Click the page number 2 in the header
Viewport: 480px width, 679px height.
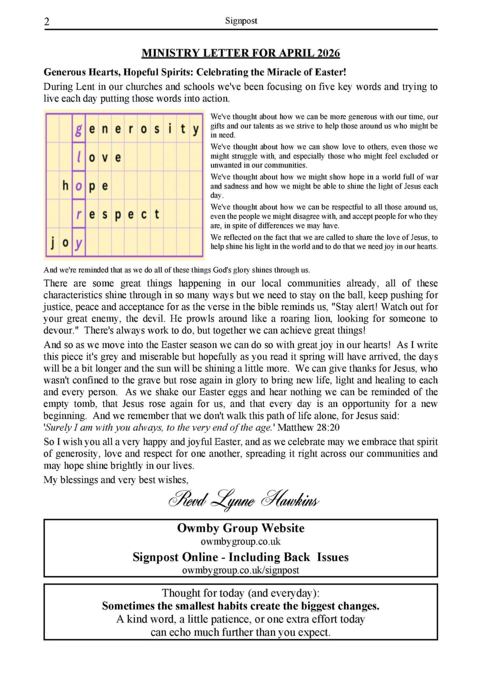47,22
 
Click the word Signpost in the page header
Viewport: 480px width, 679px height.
241,21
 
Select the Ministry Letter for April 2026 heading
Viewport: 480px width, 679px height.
240,53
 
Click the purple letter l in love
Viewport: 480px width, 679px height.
78,157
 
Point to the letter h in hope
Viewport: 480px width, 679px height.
66,186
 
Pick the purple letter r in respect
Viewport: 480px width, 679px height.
78,214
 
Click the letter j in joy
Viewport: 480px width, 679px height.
52,242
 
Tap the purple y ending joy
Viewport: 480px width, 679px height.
78,243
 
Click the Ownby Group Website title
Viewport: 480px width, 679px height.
240,528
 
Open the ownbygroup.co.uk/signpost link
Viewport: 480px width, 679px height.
240,570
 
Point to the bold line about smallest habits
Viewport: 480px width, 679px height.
240,606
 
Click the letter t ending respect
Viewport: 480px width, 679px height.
157,214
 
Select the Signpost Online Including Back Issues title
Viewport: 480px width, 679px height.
240,557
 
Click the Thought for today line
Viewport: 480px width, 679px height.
240,593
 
